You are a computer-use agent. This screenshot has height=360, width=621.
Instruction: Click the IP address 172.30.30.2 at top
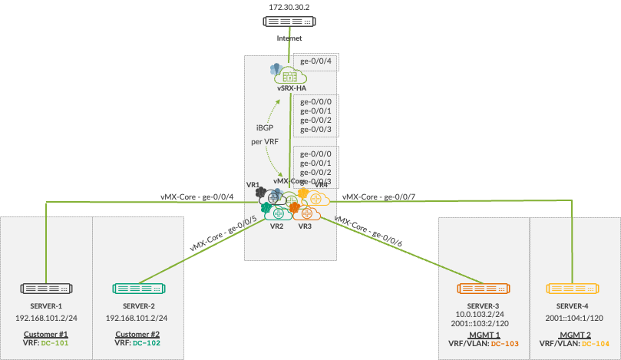(x=290, y=7)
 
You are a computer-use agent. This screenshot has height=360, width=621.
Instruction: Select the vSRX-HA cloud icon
(x=289, y=75)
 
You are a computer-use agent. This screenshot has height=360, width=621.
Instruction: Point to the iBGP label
(x=264, y=127)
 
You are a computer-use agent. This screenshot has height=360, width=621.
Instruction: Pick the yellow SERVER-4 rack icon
(x=573, y=289)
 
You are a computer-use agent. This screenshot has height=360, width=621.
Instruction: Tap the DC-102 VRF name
(x=148, y=343)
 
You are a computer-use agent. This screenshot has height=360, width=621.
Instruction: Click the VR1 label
(x=253, y=186)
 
